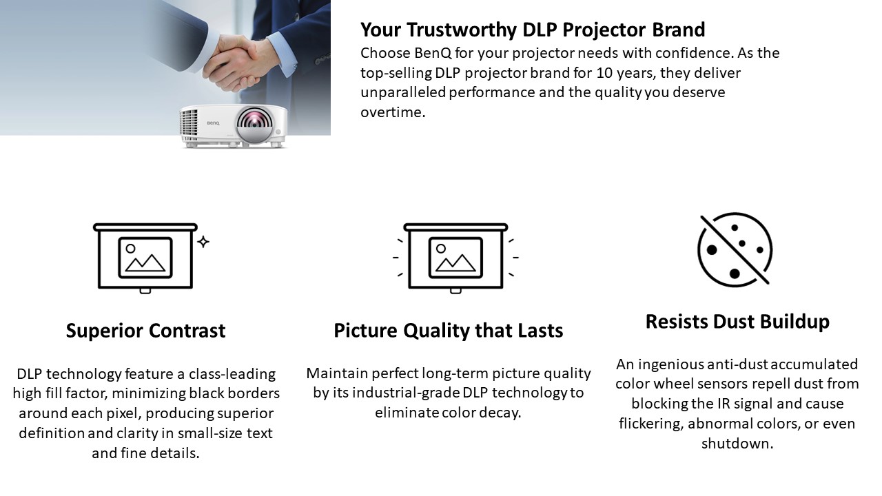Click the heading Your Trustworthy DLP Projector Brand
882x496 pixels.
(533, 30)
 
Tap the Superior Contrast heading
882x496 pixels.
(145, 330)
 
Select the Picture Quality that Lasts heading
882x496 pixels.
(449, 330)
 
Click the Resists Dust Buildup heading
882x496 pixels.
(737, 321)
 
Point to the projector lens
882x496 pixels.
(255, 122)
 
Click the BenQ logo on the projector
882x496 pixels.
(213, 123)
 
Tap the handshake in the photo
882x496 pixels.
(236, 63)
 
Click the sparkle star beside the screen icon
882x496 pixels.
(203, 242)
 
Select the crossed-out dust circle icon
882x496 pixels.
(735, 249)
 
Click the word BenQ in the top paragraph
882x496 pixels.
(432, 53)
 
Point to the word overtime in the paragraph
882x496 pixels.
(393, 112)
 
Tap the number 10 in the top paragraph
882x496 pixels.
(605, 73)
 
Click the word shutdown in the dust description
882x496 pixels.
(737, 443)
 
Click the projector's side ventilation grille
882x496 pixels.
(189, 122)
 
